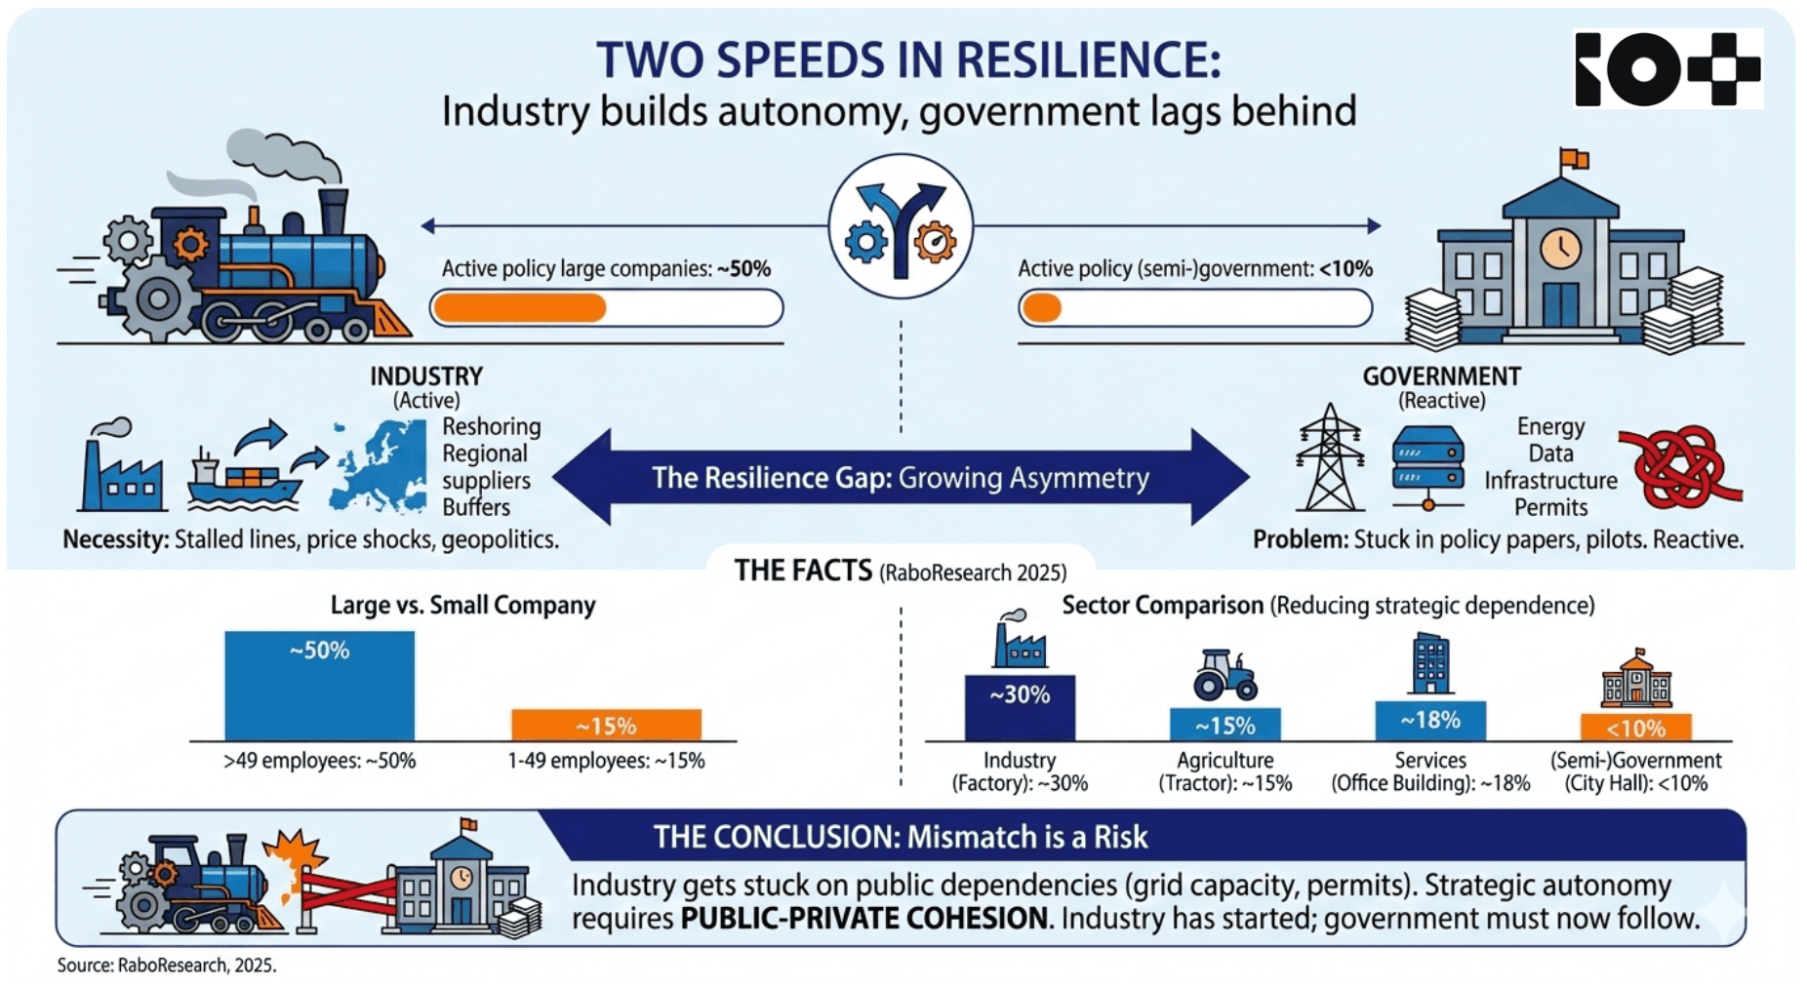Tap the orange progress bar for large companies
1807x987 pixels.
click(x=519, y=308)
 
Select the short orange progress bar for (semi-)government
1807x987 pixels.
click(x=1042, y=308)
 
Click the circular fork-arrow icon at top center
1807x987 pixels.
click(x=900, y=226)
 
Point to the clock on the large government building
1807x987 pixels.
click(x=1560, y=247)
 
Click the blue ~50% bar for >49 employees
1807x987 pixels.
click(x=319, y=686)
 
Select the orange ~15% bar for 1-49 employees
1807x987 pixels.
click(x=606, y=725)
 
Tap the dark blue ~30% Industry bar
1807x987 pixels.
click(x=1020, y=707)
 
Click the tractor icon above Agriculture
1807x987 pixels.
click(x=1225, y=675)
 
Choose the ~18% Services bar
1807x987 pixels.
click(x=1430, y=721)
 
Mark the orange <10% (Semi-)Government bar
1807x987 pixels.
click(x=1635, y=728)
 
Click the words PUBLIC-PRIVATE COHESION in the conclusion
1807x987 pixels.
click(x=863, y=919)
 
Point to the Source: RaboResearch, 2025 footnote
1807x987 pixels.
click(x=166, y=966)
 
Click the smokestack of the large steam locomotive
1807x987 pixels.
click(x=333, y=210)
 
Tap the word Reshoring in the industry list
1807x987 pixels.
click(x=491, y=427)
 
